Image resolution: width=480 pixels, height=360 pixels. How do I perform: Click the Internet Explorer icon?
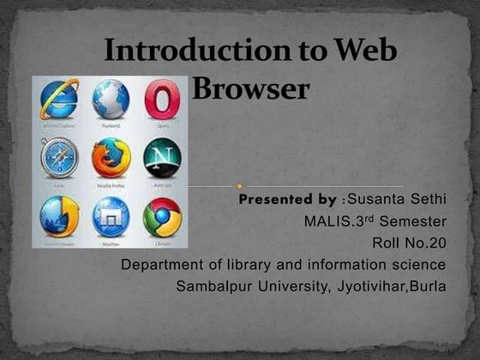point(57,99)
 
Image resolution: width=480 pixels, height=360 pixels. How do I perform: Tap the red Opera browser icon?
point(162,99)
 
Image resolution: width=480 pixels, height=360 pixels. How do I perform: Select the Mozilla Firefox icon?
point(111,157)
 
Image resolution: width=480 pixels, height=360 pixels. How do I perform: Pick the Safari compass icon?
point(58,158)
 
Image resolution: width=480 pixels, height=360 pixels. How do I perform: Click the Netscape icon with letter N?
point(162,157)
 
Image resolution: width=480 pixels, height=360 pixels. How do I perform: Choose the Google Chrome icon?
point(162,215)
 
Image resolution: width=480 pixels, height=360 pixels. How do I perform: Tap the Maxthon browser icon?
point(111,216)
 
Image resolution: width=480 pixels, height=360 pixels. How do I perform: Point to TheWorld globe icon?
point(111,99)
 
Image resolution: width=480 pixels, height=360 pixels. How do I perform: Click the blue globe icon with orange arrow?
point(58,216)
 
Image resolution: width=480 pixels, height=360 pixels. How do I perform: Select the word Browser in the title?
point(249,87)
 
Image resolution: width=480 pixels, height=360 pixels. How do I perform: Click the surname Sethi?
point(429,200)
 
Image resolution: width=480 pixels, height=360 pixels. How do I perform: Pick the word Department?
point(163,265)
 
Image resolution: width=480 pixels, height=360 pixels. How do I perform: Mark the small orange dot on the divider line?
point(239,183)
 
